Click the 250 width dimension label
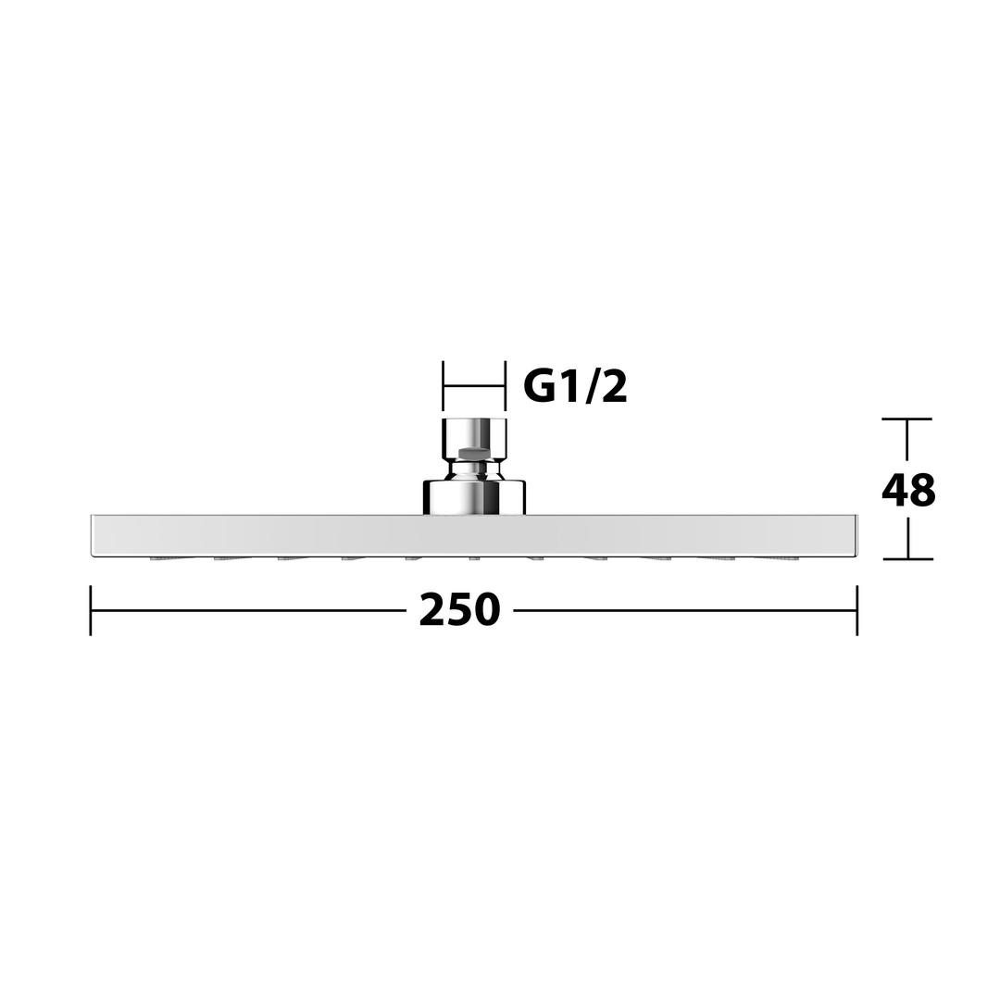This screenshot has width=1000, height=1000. coord(459,609)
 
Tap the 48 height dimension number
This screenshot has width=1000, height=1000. coord(908,490)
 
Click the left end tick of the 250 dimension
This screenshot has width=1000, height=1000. coord(91,610)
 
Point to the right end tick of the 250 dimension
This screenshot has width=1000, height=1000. coord(856,610)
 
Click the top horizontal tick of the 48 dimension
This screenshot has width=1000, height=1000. coord(906,419)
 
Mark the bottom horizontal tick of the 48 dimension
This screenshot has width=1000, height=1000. coord(907,558)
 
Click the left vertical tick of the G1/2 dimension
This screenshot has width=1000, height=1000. coord(444,386)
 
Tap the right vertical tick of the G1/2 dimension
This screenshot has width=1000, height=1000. coord(506,386)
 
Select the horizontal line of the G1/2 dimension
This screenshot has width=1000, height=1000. coord(474,386)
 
